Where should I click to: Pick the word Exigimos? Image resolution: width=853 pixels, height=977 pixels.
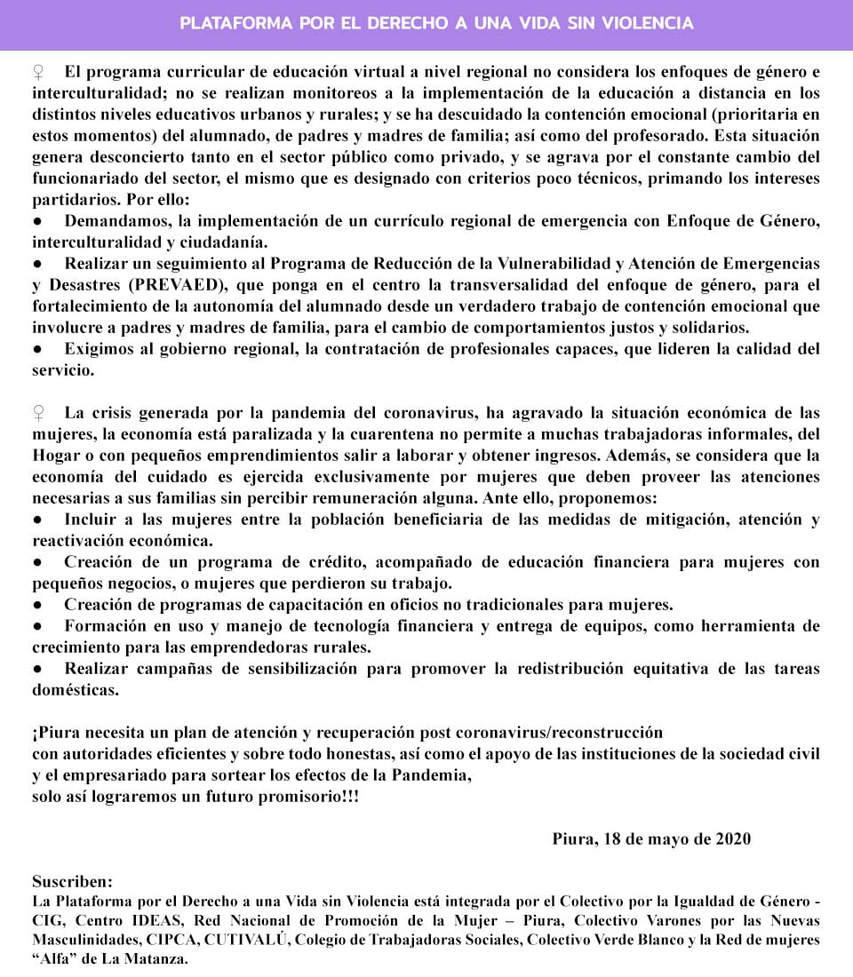coord(98,349)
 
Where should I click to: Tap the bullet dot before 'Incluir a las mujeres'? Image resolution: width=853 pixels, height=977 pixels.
coord(37,520)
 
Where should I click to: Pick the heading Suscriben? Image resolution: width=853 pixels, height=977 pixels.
coord(73,882)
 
